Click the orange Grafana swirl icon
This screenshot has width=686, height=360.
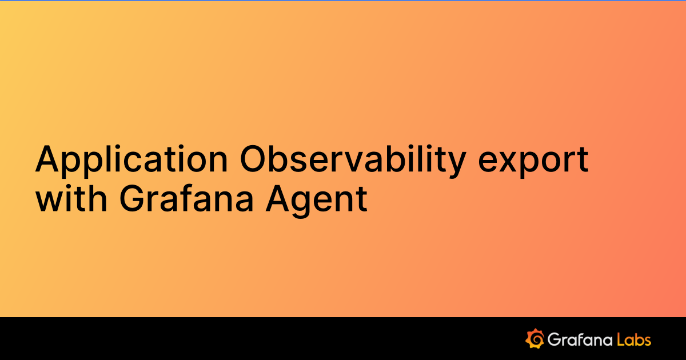pos(535,338)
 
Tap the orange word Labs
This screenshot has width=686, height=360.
pos(634,339)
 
